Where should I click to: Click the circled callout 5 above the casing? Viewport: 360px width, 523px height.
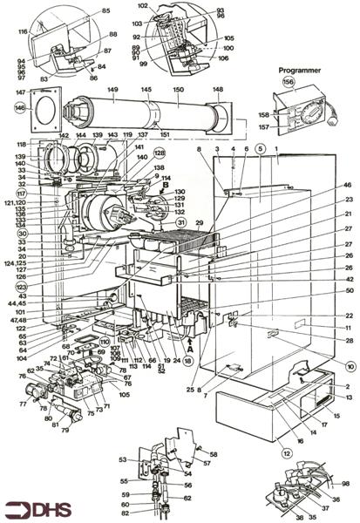(260, 149)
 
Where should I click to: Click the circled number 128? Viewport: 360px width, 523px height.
(160, 152)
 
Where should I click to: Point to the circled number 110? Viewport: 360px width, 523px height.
(106, 342)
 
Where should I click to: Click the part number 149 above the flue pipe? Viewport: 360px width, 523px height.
(112, 89)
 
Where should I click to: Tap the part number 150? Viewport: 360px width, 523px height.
(180, 89)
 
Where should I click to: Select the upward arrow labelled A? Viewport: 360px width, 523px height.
(190, 356)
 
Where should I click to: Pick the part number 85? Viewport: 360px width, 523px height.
(106, 10)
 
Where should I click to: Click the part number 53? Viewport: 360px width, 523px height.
(123, 458)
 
